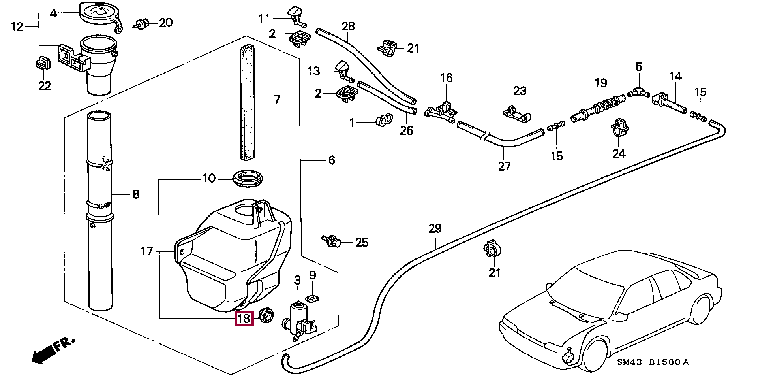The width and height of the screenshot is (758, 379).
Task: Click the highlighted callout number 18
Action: (x=244, y=318)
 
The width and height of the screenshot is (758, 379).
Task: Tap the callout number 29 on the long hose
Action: (x=435, y=229)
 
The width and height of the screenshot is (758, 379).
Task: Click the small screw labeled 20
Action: (x=143, y=24)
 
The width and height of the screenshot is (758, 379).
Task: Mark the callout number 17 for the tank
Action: (x=146, y=251)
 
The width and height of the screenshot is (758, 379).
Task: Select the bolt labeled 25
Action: (x=332, y=241)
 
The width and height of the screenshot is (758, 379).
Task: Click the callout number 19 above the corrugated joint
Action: (x=600, y=83)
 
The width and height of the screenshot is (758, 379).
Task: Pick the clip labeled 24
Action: (x=619, y=127)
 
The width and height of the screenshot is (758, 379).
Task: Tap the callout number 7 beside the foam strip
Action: (x=276, y=99)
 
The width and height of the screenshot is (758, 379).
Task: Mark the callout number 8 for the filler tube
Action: (x=135, y=194)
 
